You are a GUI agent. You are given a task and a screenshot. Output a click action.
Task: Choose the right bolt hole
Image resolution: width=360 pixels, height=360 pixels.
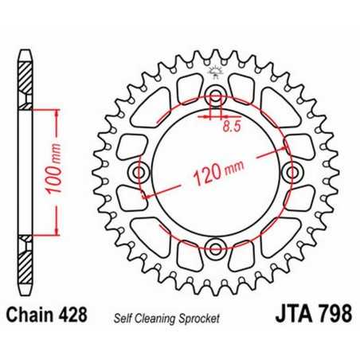(x=291, y=173)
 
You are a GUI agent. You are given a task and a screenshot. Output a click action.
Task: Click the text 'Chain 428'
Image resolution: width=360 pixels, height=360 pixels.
(x=49, y=316)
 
